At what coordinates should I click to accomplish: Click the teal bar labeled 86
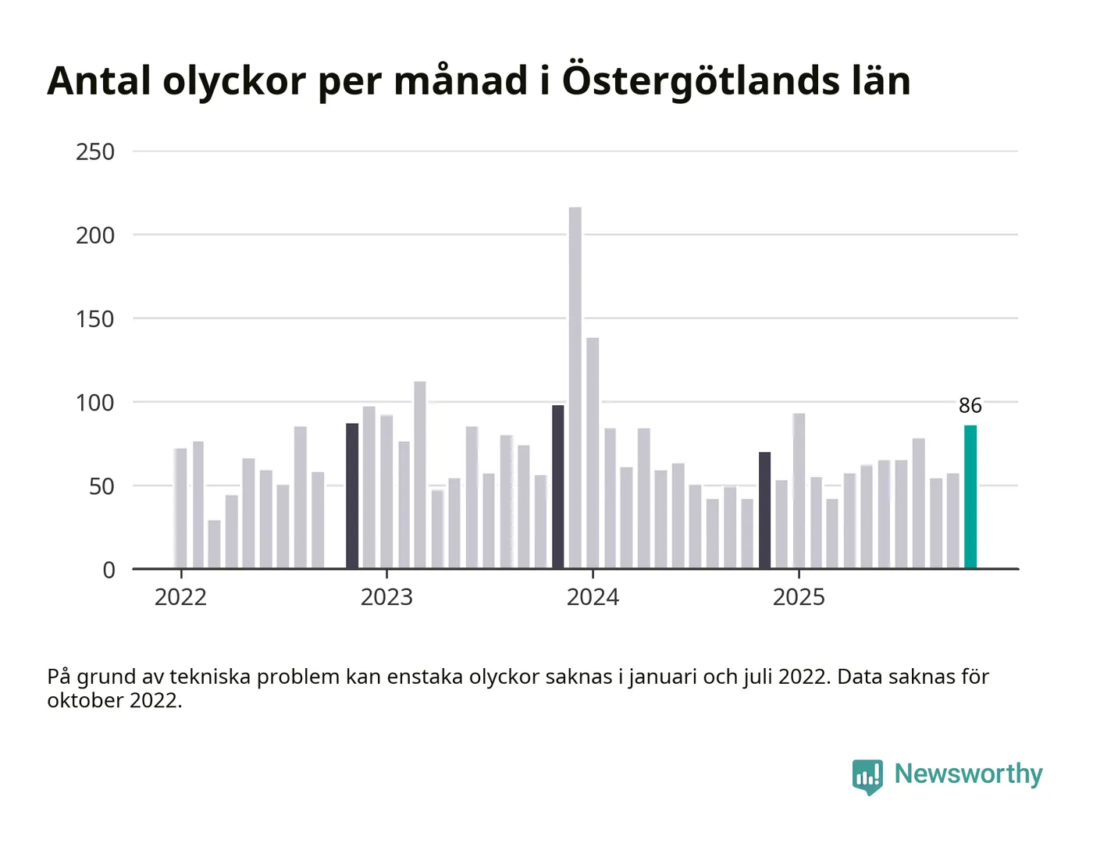(x=970, y=497)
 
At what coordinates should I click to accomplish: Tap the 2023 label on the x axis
(x=386, y=597)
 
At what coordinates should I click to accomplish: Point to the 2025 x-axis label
(x=799, y=597)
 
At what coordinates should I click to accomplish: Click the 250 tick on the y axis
(x=95, y=151)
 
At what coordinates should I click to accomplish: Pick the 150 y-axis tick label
(x=95, y=319)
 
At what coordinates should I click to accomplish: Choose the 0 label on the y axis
(x=109, y=571)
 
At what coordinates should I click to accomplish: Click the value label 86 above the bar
(x=970, y=406)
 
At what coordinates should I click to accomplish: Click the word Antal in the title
(x=99, y=80)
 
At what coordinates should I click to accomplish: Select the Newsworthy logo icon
(x=867, y=776)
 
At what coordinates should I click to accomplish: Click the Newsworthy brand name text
(x=968, y=774)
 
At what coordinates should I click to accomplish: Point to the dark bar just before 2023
(x=352, y=496)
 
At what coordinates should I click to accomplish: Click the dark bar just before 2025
(x=764, y=510)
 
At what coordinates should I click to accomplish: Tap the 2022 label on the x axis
(x=180, y=597)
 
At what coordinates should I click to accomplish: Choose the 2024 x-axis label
(x=593, y=597)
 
